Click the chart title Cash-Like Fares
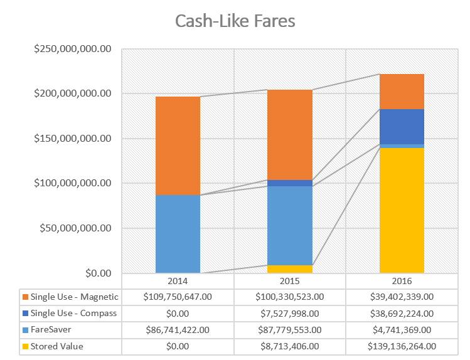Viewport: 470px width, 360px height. click(x=235, y=21)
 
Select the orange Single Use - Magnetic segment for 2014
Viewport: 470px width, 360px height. click(x=178, y=146)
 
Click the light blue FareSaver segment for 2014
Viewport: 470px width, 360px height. click(x=178, y=234)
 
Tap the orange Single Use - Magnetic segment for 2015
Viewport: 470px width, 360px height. click(x=290, y=134)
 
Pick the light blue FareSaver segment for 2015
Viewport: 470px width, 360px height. click(x=290, y=225)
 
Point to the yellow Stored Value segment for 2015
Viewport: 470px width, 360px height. click(x=290, y=269)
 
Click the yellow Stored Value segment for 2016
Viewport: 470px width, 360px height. click(x=402, y=210)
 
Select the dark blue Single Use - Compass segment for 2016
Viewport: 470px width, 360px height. click(x=402, y=126)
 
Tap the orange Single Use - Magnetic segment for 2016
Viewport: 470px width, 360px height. click(x=402, y=91)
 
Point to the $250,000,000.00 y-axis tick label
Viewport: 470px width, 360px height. click(x=74, y=49)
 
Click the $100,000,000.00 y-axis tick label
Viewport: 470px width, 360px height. click(x=74, y=183)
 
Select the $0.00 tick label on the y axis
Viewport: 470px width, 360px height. click(x=97, y=273)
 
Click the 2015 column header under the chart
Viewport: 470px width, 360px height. click(x=290, y=280)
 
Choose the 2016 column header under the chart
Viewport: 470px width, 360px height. click(x=402, y=280)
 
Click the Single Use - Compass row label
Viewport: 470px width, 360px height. click(x=74, y=313)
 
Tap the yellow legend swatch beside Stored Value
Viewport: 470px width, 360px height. click(x=24, y=346)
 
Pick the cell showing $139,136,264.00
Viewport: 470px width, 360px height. click(x=402, y=346)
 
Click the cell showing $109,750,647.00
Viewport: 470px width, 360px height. click(x=178, y=297)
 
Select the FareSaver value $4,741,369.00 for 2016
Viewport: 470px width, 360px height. click(x=402, y=329)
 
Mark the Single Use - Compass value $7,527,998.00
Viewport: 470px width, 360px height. click(x=290, y=313)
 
